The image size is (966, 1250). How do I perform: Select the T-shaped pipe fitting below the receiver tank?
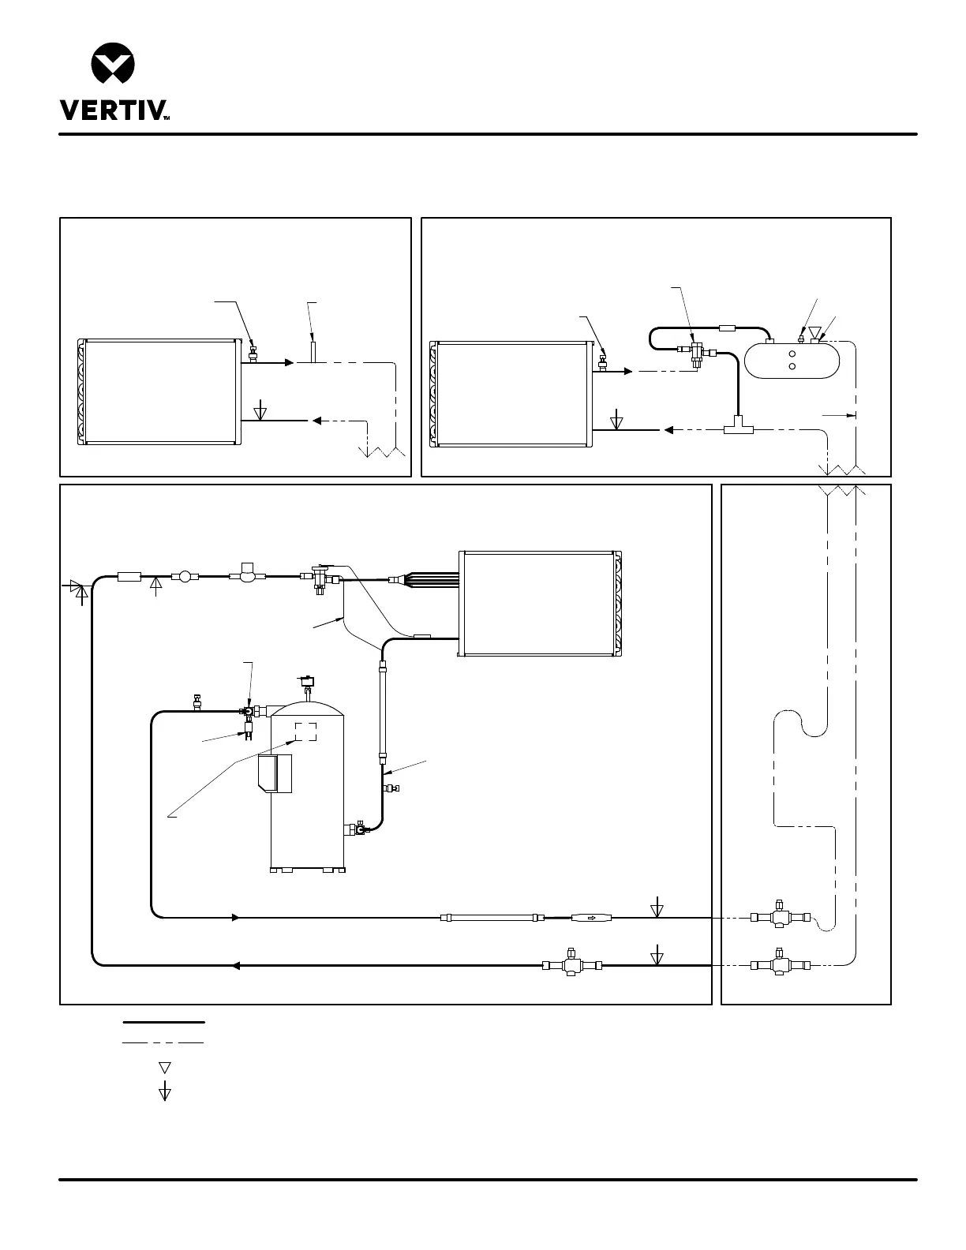(738, 427)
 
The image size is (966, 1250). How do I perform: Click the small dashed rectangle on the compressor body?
(306, 732)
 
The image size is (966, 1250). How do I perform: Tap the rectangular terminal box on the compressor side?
(275, 773)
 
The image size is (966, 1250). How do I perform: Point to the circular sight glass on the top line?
(185, 577)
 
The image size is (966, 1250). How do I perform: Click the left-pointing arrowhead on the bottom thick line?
(236, 965)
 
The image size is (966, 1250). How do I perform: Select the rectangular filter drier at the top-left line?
(129, 577)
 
